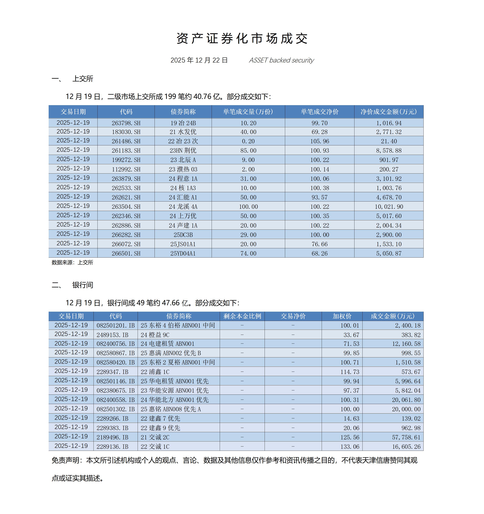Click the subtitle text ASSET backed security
[x=281, y=60]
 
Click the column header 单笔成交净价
[x=319, y=112]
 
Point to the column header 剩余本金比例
[x=242, y=316]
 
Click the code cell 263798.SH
[x=126, y=123]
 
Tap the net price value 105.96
[x=319, y=141]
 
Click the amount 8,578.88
[x=389, y=151]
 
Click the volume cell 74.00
[x=248, y=253]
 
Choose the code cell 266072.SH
[x=126, y=244]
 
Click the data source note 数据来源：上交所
[x=72, y=262]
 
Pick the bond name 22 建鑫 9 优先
[x=160, y=428]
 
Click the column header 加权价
[x=342, y=316]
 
